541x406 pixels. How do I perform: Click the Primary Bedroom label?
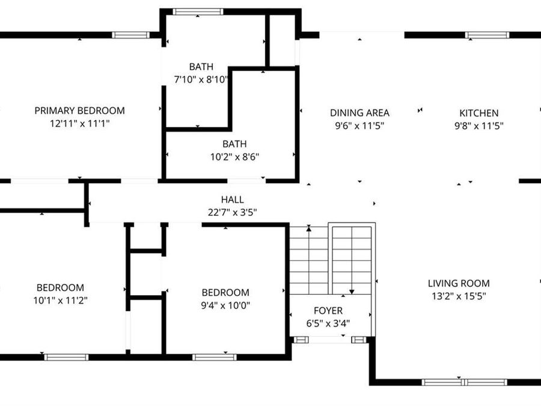pyautogui.click(x=79, y=111)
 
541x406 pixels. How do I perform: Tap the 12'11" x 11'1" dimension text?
pyautogui.click(x=79, y=123)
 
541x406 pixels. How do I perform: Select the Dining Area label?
pyautogui.click(x=359, y=112)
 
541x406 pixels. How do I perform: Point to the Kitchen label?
pyautogui.click(x=478, y=112)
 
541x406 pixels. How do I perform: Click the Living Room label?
pyautogui.click(x=458, y=283)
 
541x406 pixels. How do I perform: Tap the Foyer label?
pyautogui.click(x=328, y=310)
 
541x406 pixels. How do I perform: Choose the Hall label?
pyautogui.click(x=232, y=200)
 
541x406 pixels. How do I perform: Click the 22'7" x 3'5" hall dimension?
pyautogui.click(x=232, y=212)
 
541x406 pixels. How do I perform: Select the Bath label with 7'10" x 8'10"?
pyautogui.click(x=201, y=67)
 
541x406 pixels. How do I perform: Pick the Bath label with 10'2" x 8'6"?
pyautogui.click(x=234, y=144)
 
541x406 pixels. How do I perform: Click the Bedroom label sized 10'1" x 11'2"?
pyautogui.click(x=60, y=288)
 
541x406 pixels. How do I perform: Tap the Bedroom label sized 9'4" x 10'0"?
pyautogui.click(x=225, y=292)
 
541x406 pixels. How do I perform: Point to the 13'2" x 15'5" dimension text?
pyautogui.click(x=458, y=296)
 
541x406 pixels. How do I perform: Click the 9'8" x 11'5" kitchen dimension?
pyautogui.click(x=478, y=126)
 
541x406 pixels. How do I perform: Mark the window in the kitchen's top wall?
pyautogui.click(x=488, y=35)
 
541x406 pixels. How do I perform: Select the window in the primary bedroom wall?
pyautogui.click(x=130, y=35)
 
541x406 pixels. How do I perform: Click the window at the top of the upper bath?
pyautogui.click(x=198, y=11)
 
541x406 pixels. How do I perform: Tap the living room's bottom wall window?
pyautogui.click(x=464, y=382)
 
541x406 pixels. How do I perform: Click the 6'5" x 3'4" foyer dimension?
pyautogui.click(x=328, y=323)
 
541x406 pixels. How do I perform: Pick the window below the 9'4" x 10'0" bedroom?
pyautogui.click(x=214, y=357)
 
